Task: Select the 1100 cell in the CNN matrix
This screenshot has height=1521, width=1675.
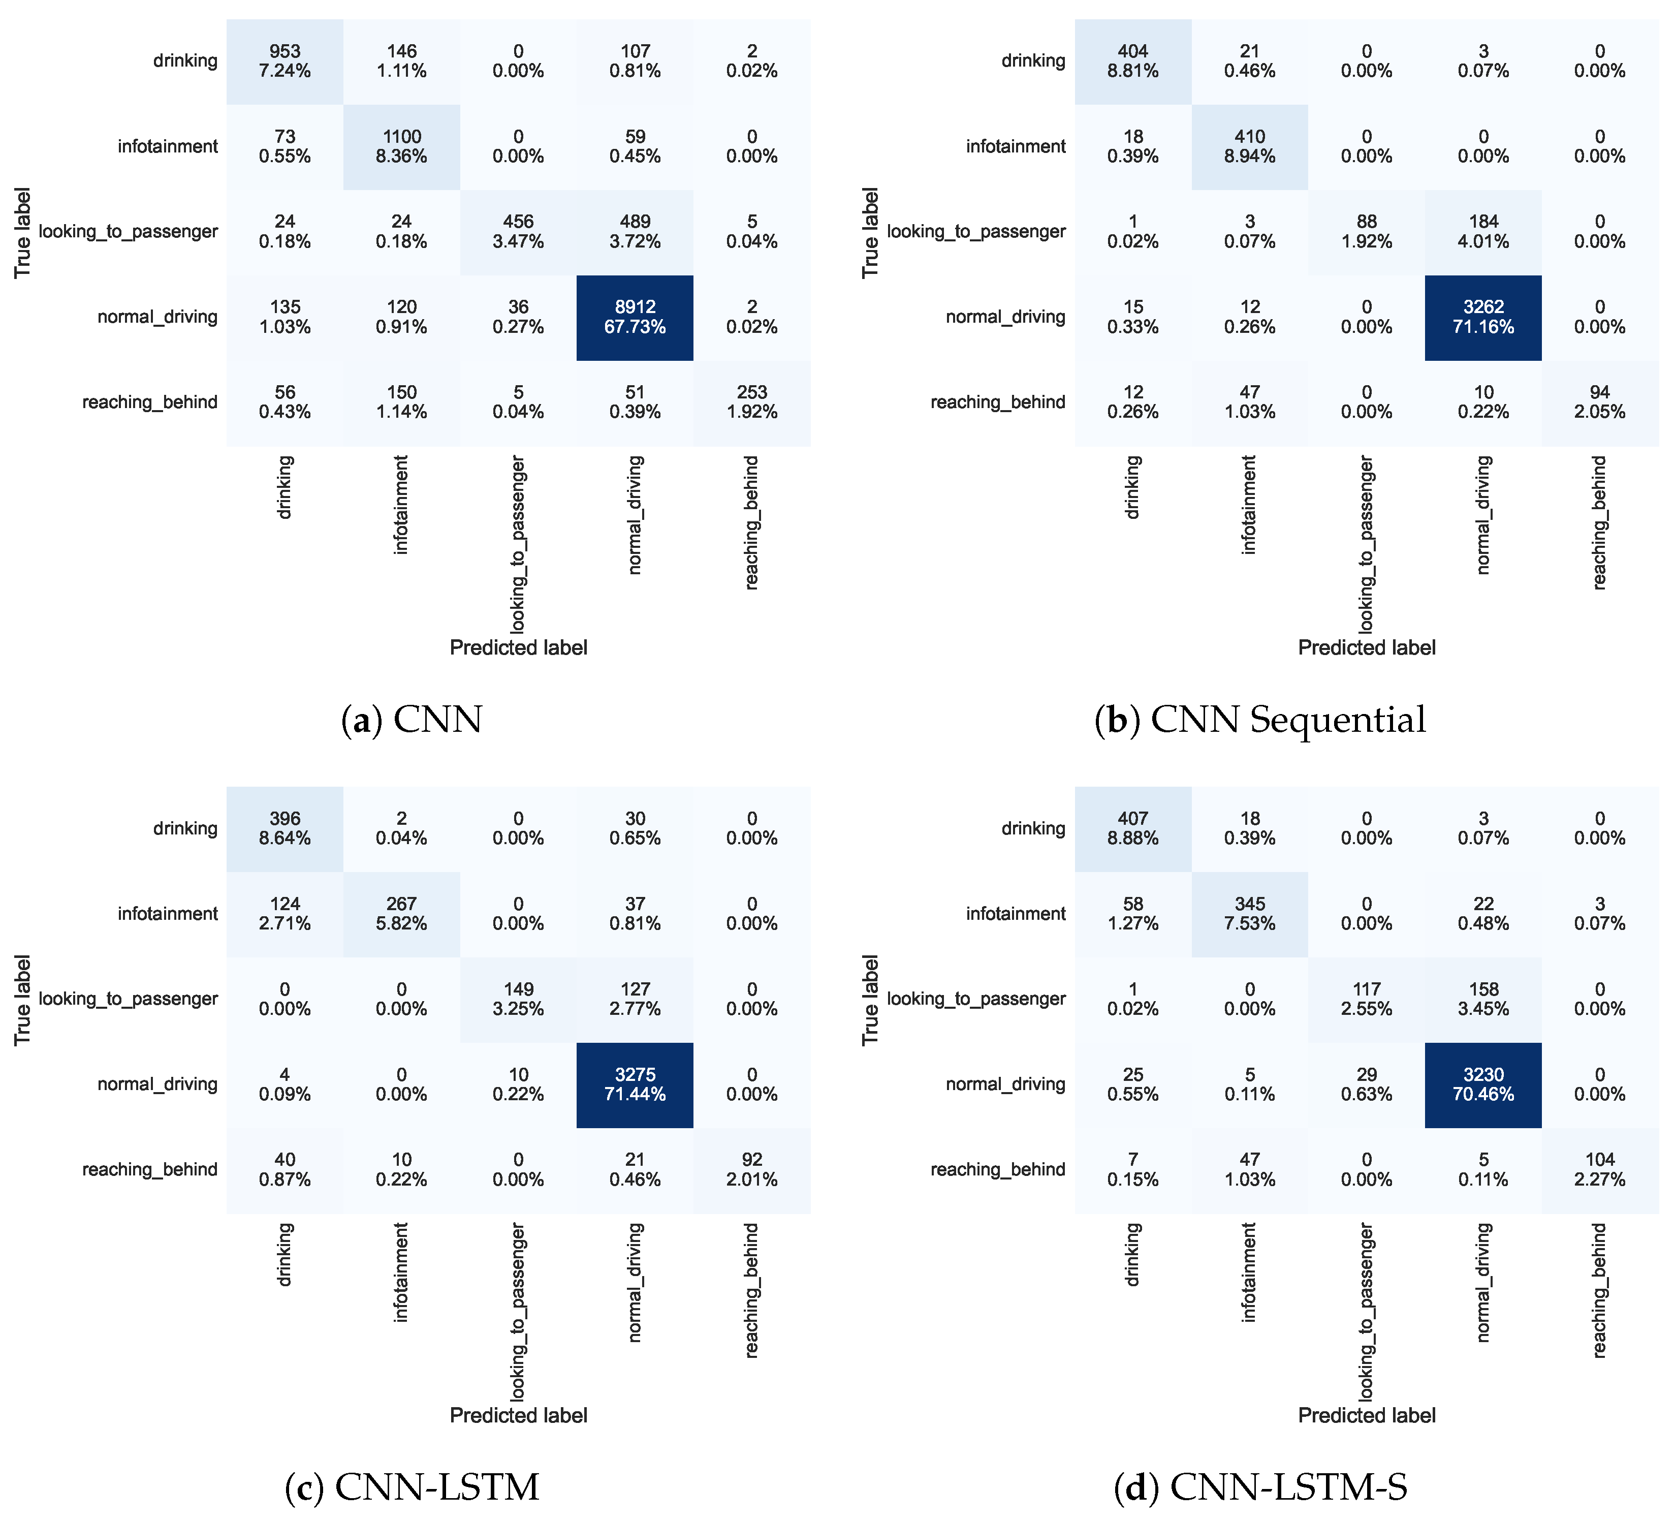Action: (x=401, y=146)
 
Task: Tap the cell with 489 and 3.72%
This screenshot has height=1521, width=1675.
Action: (x=635, y=231)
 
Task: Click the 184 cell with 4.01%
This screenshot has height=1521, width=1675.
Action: (x=1483, y=231)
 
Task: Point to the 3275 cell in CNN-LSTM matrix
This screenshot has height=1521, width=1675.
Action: (x=635, y=1084)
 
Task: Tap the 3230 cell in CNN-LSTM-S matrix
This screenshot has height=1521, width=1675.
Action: (x=1483, y=1084)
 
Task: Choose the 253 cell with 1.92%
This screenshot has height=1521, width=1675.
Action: (x=752, y=402)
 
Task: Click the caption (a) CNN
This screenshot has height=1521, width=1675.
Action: (x=412, y=720)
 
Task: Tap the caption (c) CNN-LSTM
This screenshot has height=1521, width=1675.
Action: (x=412, y=1487)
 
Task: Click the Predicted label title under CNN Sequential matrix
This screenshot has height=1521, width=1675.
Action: (x=1366, y=647)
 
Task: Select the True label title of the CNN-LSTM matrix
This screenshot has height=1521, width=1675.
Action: (x=22, y=1000)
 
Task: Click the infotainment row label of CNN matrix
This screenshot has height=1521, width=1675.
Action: (x=168, y=146)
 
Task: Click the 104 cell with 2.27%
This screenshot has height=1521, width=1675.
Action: (x=1599, y=1169)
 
